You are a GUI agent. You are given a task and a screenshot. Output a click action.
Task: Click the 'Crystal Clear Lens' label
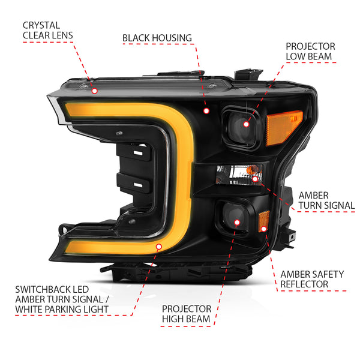pyautogui.click(x=48, y=31)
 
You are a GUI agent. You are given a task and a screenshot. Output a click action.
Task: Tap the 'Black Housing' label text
pyautogui.click(x=157, y=38)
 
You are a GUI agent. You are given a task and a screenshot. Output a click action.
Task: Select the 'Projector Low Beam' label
pyautogui.click(x=310, y=52)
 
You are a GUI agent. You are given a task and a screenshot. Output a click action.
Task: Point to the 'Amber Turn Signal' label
pyautogui.click(x=327, y=200)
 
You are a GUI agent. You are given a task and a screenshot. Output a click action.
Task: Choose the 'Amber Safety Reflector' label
pyautogui.click(x=312, y=279)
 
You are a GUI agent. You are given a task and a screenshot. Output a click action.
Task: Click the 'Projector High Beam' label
pyautogui.click(x=187, y=314)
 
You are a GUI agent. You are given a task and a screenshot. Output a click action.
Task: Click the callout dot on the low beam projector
pyautogui.click(x=246, y=124)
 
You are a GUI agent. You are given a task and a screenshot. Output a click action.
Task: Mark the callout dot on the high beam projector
pyautogui.click(x=237, y=222)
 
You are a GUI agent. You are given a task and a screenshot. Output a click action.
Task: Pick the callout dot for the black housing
pyautogui.click(x=206, y=111)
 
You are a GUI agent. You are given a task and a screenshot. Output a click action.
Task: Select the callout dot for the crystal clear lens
pyautogui.click(x=94, y=91)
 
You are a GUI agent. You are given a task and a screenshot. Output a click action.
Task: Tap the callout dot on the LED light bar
pyautogui.click(x=158, y=247)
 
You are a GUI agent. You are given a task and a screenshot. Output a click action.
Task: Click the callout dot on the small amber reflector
pyautogui.click(x=263, y=229)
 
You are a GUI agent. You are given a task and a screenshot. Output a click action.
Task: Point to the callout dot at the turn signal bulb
pyautogui.click(x=255, y=179)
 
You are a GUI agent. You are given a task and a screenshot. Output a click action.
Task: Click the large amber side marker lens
pyautogui.click(x=284, y=128)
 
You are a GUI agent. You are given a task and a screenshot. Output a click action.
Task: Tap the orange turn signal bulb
pyautogui.click(x=252, y=170)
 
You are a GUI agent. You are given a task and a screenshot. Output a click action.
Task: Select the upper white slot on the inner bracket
pyautogui.click(x=138, y=153)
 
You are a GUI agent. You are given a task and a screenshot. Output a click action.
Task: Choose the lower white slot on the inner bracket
pyautogui.click(x=138, y=185)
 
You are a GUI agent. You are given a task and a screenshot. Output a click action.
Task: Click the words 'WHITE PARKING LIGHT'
pyautogui.click(x=62, y=310)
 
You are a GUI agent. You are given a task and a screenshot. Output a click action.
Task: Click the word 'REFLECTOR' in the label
pyautogui.click(x=304, y=284)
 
